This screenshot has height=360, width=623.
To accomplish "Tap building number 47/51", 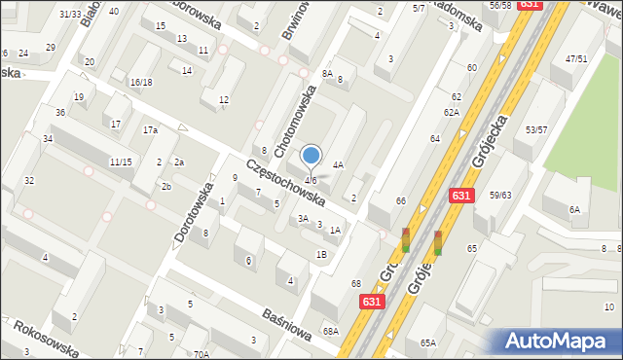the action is [x=576, y=58].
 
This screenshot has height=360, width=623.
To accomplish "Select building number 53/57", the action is [x=536, y=129].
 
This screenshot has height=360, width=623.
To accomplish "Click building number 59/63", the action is [x=500, y=196].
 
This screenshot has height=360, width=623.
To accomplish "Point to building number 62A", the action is [x=451, y=113].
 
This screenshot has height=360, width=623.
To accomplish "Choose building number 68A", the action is [x=331, y=332].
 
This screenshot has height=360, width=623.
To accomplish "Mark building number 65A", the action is [x=427, y=343].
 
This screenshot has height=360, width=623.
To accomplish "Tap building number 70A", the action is [x=201, y=354].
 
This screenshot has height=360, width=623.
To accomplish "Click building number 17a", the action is [x=150, y=130].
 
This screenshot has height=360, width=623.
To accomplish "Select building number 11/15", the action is [x=121, y=162].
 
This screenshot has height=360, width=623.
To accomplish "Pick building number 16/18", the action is [x=141, y=83].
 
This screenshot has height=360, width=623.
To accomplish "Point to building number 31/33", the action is [x=70, y=14].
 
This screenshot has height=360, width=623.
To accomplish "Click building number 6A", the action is [x=574, y=209].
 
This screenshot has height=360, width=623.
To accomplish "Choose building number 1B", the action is [x=320, y=254].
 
